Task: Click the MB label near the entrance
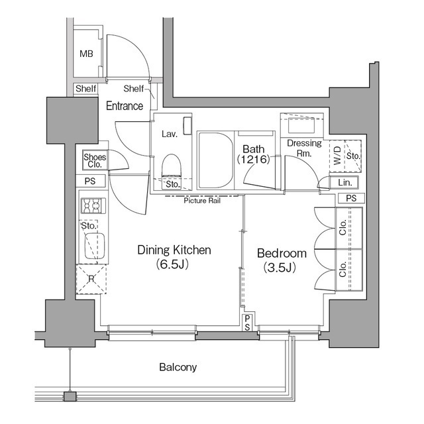[86, 54]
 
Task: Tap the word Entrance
[125, 106]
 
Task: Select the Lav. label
[170, 134]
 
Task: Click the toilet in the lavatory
[172, 165]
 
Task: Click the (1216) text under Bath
[253, 160]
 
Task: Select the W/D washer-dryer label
[337, 156]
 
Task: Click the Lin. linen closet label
[344, 182]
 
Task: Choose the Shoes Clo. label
[94, 160]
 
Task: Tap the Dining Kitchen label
[174, 250]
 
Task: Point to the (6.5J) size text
[174, 266]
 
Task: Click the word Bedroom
[282, 253]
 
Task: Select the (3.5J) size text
[282, 268]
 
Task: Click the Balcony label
[178, 366]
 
